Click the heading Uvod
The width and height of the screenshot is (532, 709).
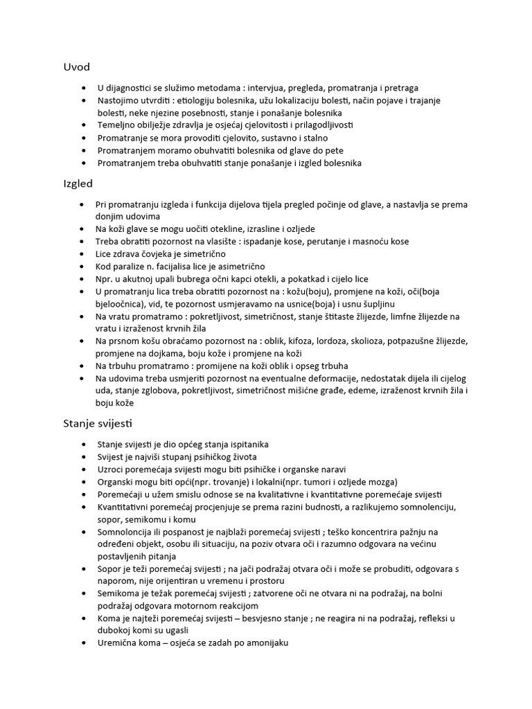pos(76,67)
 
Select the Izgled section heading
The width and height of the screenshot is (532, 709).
pos(78,184)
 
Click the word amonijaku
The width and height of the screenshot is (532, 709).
pos(263,643)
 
